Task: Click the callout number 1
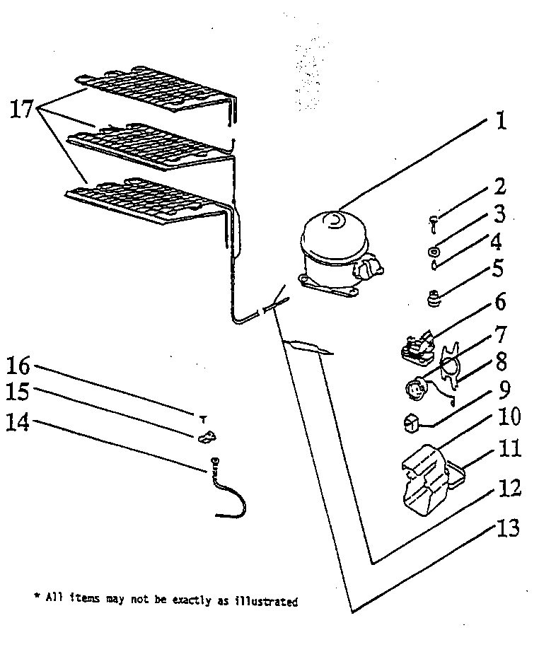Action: click(x=501, y=121)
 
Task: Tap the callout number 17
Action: click(x=24, y=110)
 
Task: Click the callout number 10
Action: click(x=508, y=416)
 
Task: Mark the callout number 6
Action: click(x=499, y=303)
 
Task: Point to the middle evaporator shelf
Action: click(x=149, y=145)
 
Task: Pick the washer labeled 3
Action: click(x=432, y=250)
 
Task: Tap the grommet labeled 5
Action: click(x=434, y=299)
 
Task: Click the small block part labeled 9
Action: click(x=411, y=423)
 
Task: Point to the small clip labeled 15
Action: click(x=206, y=438)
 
